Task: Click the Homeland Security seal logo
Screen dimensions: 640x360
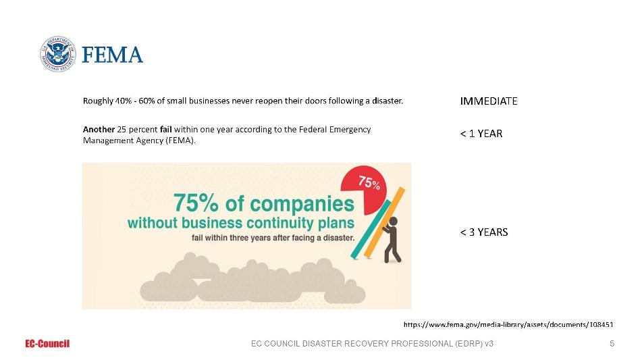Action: click(x=58, y=54)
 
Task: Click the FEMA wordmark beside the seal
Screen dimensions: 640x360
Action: click(x=112, y=55)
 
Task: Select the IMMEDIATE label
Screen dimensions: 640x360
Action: click(x=489, y=101)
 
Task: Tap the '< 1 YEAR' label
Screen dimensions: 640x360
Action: click(x=481, y=134)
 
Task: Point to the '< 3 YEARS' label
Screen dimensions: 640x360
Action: click(x=484, y=232)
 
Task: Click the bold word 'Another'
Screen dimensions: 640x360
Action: click(x=99, y=130)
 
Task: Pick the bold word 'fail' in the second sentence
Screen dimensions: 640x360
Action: click(x=165, y=130)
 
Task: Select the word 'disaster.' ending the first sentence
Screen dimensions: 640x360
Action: click(x=388, y=101)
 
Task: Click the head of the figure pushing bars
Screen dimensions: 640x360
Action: click(x=393, y=222)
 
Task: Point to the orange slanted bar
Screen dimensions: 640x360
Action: click(x=384, y=222)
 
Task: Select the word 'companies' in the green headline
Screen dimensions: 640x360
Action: click(x=302, y=205)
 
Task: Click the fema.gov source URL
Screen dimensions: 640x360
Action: click(x=508, y=324)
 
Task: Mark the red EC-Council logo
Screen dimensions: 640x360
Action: click(x=47, y=344)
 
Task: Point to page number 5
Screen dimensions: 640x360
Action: click(x=612, y=344)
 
